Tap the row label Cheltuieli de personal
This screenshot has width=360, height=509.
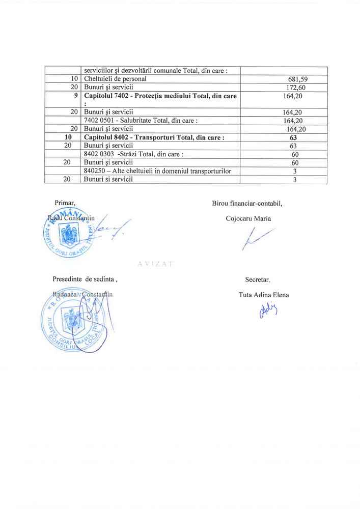[x=115, y=79]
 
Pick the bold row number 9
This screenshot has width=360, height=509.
[x=75, y=95]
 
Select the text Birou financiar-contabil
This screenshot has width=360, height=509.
[x=247, y=204]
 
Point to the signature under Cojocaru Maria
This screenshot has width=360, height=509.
[x=257, y=239]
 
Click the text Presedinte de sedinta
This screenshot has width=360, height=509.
[x=86, y=279]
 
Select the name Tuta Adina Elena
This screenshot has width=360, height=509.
[x=263, y=295]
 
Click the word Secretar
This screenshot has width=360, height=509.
[x=258, y=279]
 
